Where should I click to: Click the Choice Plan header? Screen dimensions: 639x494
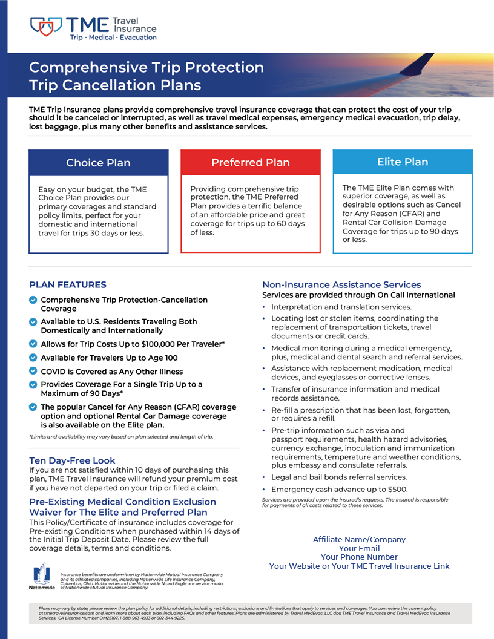coord(98,163)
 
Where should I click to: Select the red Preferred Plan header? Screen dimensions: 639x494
coord(251,162)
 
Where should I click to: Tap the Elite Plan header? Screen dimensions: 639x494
coord(403,162)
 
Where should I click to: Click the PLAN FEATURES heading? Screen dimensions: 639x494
coord(68,284)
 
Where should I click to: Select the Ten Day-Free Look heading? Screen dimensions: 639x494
coord(72,460)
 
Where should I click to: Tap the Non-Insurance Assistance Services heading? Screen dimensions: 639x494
coord(341,284)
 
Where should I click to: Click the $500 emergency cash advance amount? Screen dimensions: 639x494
coord(397,489)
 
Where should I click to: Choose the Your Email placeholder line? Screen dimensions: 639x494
coord(359,548)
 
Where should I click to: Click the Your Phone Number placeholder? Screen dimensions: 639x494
coord(359,557)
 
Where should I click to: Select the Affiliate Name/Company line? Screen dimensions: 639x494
coord(359,539)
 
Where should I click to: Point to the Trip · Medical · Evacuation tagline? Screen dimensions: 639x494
coord(113,38)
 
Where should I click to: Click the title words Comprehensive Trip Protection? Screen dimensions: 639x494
coord(147,67)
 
